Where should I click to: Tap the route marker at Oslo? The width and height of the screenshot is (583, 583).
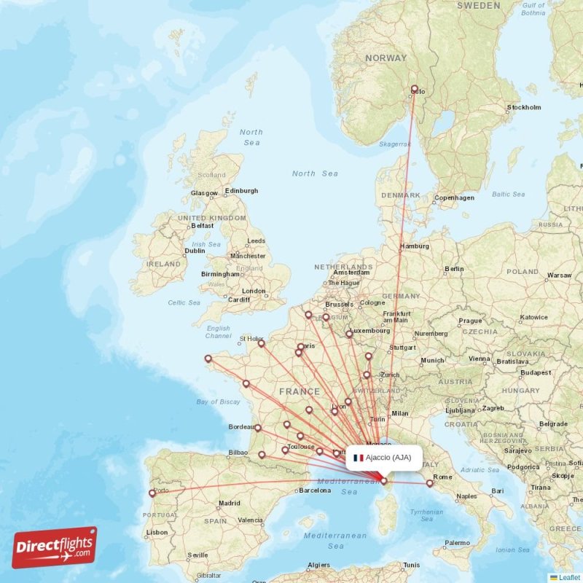click(415, 90)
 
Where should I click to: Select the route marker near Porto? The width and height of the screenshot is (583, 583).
click(152, 493)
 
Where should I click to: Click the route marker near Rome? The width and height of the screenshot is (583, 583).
click(430, 482)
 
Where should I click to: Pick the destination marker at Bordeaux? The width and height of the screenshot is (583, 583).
click(258, 428)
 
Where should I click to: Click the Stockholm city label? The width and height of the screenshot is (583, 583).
click(525, 108)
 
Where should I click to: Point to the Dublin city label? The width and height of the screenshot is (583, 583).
click(195, 251)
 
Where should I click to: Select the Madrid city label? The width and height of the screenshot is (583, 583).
click(229, 503)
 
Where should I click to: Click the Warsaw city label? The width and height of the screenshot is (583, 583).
click(560, 275)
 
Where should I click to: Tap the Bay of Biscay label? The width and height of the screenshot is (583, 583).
click(219, 402)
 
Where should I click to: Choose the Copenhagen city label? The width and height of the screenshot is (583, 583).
click(455, 197)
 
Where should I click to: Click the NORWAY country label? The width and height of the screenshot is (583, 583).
click(386, 58)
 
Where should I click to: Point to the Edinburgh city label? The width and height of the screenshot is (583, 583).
click(241, 191)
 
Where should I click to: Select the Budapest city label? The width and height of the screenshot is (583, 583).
click(536, 372)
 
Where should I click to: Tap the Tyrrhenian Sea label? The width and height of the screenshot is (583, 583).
click(427, 515)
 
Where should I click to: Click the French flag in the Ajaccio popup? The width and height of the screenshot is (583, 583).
click(358, 458)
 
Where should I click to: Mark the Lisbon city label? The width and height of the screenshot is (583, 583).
click(157, 533)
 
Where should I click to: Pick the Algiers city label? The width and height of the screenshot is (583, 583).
click(318, 566)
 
